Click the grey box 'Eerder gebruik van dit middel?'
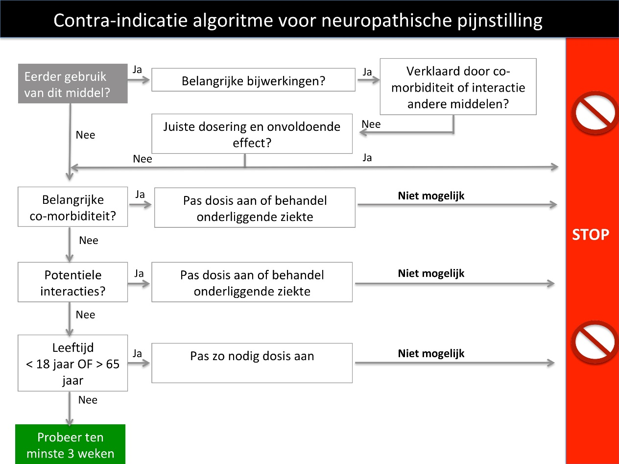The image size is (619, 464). tap(73, 83)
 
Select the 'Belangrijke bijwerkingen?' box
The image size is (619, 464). tap(253, 80)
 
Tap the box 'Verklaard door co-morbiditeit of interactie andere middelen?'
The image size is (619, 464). tap(458, 87)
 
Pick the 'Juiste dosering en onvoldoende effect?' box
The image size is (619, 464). tap(252, 134)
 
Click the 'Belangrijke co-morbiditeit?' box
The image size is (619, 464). tap(73, 207)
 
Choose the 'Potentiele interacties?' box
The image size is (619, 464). tap(73, 282)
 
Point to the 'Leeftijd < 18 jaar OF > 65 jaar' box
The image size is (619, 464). tap(73, 363)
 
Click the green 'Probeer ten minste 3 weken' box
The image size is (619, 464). tap(70, 444)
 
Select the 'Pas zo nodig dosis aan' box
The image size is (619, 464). tap(252, 363)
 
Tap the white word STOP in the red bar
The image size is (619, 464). tap(591, 235)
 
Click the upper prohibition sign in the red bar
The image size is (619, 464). tap(595, 113)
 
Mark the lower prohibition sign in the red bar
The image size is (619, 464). tap(595, 342)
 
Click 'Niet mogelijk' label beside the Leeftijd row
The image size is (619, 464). tap(431, 353)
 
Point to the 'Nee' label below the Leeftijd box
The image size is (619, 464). tap(88, 400)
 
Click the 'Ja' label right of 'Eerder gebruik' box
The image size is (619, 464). tap(137, 70)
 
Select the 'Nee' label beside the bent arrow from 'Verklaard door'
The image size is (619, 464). tap(371, 124)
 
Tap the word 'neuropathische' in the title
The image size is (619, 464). tap(386, 20)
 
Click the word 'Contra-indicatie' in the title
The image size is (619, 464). tap(120, 20)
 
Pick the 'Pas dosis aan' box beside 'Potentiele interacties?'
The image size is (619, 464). tap(252, 282)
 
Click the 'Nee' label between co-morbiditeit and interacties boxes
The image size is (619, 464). tap(89, 240)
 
